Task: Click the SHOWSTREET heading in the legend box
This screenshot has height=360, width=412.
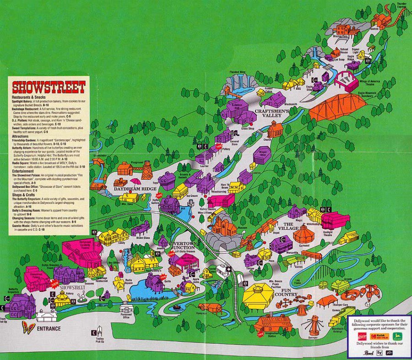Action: tap(49, 87)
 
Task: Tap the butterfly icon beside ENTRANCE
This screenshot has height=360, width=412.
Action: tap(28, 328)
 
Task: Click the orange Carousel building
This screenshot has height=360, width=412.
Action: tap(303, 235)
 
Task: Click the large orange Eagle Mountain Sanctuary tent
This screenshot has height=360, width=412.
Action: tap(337, 107)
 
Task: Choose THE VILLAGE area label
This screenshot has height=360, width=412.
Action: tap(288, 227)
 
